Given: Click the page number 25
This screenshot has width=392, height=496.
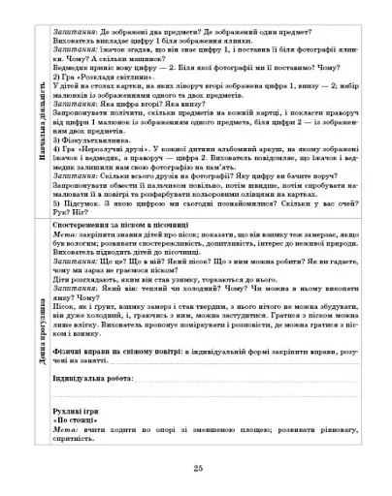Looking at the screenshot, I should coord(197,469).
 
